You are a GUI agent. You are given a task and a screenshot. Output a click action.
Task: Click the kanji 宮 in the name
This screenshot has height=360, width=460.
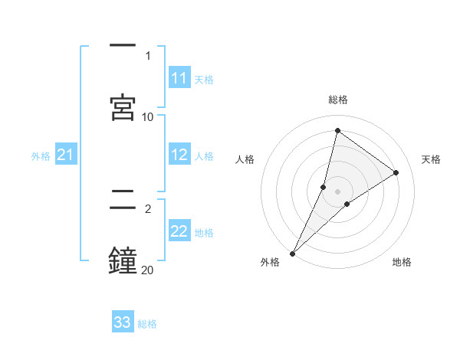pyautogui.click(x=123, y=107)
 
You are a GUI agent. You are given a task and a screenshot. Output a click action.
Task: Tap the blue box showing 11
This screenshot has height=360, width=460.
pyautogui.click(x=179, y=78)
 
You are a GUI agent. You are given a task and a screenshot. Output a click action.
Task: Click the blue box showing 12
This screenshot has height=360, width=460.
pyautogui.click(x=179, y=155)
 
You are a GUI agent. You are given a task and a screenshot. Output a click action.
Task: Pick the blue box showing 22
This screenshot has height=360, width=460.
pyautogui.click(x=179, y=231)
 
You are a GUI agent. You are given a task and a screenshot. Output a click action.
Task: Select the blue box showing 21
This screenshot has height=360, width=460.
pyautogui.click(x=65, y=155)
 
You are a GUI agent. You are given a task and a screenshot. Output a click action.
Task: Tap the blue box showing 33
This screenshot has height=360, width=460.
pyautogui.click(x=123, y=322)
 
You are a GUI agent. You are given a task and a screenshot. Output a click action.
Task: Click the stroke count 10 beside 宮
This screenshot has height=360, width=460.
pyautogui.click(x=148, y=116)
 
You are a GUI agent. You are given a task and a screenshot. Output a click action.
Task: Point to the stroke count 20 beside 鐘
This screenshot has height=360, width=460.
pyautogui.click(x=148, y=270)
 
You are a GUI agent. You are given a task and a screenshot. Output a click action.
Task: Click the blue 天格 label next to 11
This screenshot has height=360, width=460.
pyautogui.click(x=204, y=79)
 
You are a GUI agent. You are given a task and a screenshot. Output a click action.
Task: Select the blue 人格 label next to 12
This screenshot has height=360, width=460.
pyautogui.click(x=204, y=155)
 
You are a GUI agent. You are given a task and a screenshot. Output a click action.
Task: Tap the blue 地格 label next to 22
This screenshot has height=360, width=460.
pyautogui.click(x=204, y=232)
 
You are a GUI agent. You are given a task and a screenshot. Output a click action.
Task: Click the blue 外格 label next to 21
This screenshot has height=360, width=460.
pyautogui.click(x=41, y=156)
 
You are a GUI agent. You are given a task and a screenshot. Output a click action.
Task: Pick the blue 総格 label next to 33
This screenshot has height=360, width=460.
pyautogui.click(x=147, y=323)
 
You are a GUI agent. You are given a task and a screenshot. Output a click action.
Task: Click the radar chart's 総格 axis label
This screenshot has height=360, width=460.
pyautogui.click(x=337, y=100)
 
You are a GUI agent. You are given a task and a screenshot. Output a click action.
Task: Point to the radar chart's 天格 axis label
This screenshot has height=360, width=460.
pyautogui.click(x=431, y=159)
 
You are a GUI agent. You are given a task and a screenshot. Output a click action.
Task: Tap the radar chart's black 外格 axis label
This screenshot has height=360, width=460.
pyautogui.click(x=270, y=263)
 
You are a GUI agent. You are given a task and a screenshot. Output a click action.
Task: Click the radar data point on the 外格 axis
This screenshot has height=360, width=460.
pyautogui.click(x=292, y=253)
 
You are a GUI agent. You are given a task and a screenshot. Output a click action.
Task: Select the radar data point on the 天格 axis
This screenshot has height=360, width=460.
pyautogui.click(x=396, y=172)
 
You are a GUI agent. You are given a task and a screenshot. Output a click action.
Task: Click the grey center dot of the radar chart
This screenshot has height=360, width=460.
pyautogui.click(x=337, y=191)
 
